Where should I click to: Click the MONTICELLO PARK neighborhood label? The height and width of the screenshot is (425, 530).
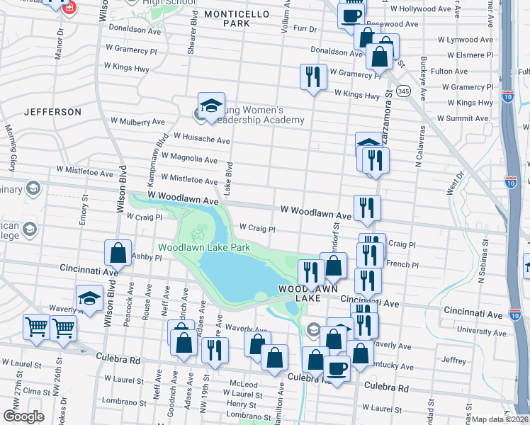[227, 18]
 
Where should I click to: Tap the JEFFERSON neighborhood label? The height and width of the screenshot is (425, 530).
[52, 112]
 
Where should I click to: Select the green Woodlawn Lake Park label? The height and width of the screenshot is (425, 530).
[204, 248]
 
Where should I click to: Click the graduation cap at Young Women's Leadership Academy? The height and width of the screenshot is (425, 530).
[211, 106]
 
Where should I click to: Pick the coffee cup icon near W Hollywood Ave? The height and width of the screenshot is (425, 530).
[351, 14]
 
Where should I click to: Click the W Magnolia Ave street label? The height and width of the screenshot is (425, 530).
[189, 159]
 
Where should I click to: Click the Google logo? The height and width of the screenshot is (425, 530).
[23, 416]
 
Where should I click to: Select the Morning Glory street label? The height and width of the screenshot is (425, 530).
[11, 149]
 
